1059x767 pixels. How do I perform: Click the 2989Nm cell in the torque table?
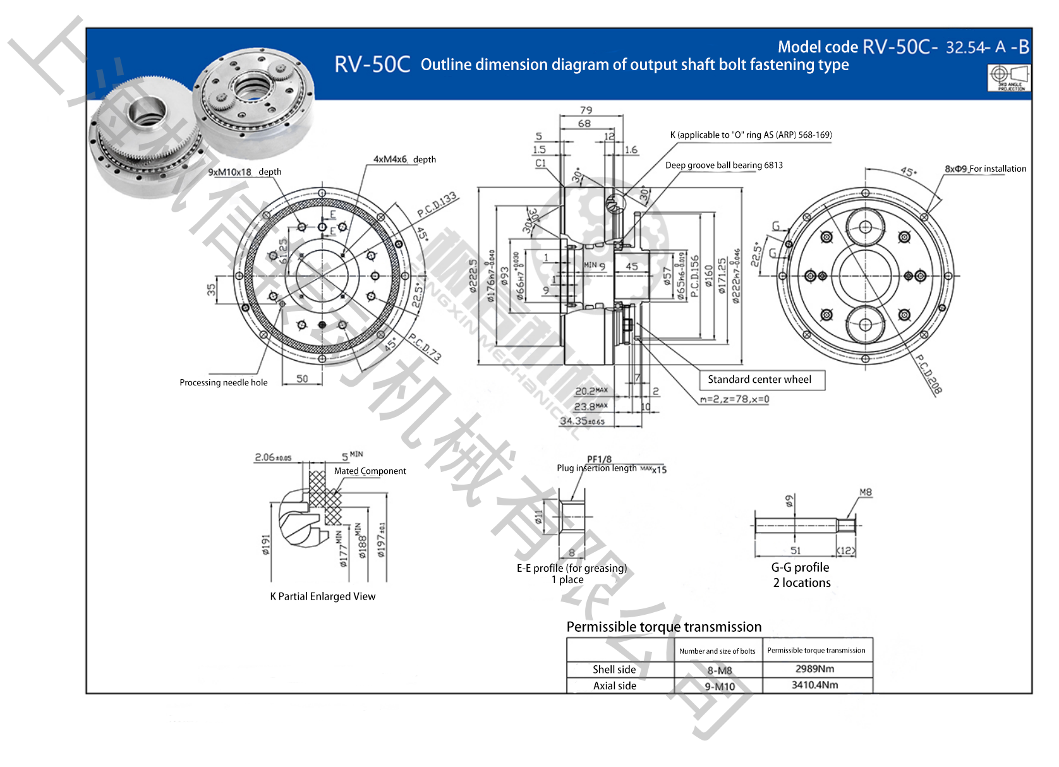pyautogui.click(x=814, y=669)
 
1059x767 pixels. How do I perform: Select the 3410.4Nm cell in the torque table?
pyautogui.click(x=814, y=685)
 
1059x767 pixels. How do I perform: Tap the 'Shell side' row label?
pyautogui.click(x=614, y=670)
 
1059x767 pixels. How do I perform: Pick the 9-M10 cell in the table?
pyautogui.click(x=720, y=687)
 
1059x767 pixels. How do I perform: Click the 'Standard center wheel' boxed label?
pyautogui.click(x=759, y=380)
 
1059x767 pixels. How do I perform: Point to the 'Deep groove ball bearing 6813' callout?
pyautogui.click(x=723, y=166)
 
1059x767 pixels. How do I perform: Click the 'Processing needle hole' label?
pyautogui.click(x=223, y=383)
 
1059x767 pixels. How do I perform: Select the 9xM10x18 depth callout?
pyautogui.click(x=245, y=172)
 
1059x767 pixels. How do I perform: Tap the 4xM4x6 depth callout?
pyautogui.click(x=404, y=159)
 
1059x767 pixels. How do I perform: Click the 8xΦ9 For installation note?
pyautogui.click(x=985, y=169)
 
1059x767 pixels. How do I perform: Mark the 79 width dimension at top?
pyautogui.click(x=586, y=111)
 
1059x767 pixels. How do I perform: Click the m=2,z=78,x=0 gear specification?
pyautogui.click(x=734, y=399)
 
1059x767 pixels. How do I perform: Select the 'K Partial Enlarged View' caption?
pyautogui.click(x=322, y=596)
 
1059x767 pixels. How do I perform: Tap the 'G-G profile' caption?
pyautogui.click(x=800, y=567)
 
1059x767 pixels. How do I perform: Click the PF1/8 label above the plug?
pyautogui.click(x=599, y=459)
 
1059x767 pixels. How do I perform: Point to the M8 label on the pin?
pyautogui.click(x=865, y=492)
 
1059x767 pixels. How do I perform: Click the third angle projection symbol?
pyautogui.click(x=1009, y=78)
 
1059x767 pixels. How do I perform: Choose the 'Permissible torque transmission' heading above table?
pyautogui.click(x=663, y=627)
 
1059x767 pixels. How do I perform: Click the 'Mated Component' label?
pyautogui.click(x=370, y=471)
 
